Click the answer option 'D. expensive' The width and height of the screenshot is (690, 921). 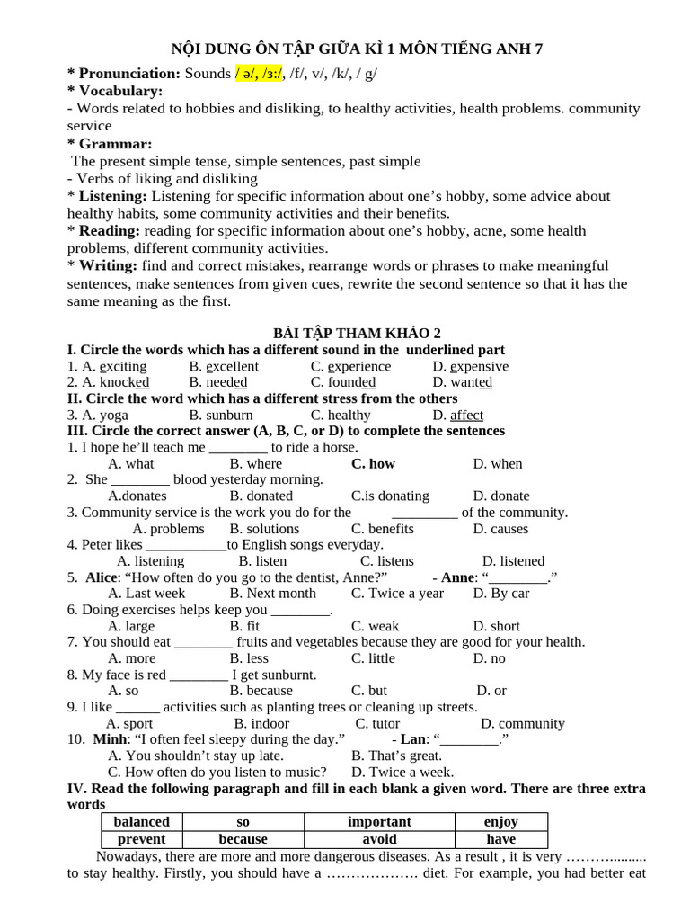(470, 366)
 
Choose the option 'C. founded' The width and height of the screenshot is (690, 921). (343, 382)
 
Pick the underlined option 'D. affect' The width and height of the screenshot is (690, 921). (457, 415)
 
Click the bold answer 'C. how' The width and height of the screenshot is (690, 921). (373, 463)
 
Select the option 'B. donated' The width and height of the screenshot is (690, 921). (261, 496)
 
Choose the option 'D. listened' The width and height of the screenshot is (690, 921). (513, 561)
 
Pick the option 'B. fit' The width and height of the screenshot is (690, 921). (244, 626)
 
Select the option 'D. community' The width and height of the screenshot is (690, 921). (522, 723)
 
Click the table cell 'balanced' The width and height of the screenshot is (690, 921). (141, 821)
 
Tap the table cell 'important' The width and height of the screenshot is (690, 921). (379, 821)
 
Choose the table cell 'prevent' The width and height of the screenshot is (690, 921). (141, 838)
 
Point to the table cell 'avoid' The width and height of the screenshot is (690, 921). (379, 838)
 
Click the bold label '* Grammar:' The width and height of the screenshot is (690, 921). (110, 144)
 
